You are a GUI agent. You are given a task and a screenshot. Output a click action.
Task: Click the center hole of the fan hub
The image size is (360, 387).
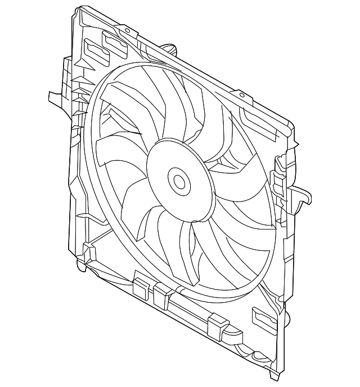(x=179, y=182)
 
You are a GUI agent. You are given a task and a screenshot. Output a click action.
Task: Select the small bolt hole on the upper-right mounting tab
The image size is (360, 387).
(x=242, y=96)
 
